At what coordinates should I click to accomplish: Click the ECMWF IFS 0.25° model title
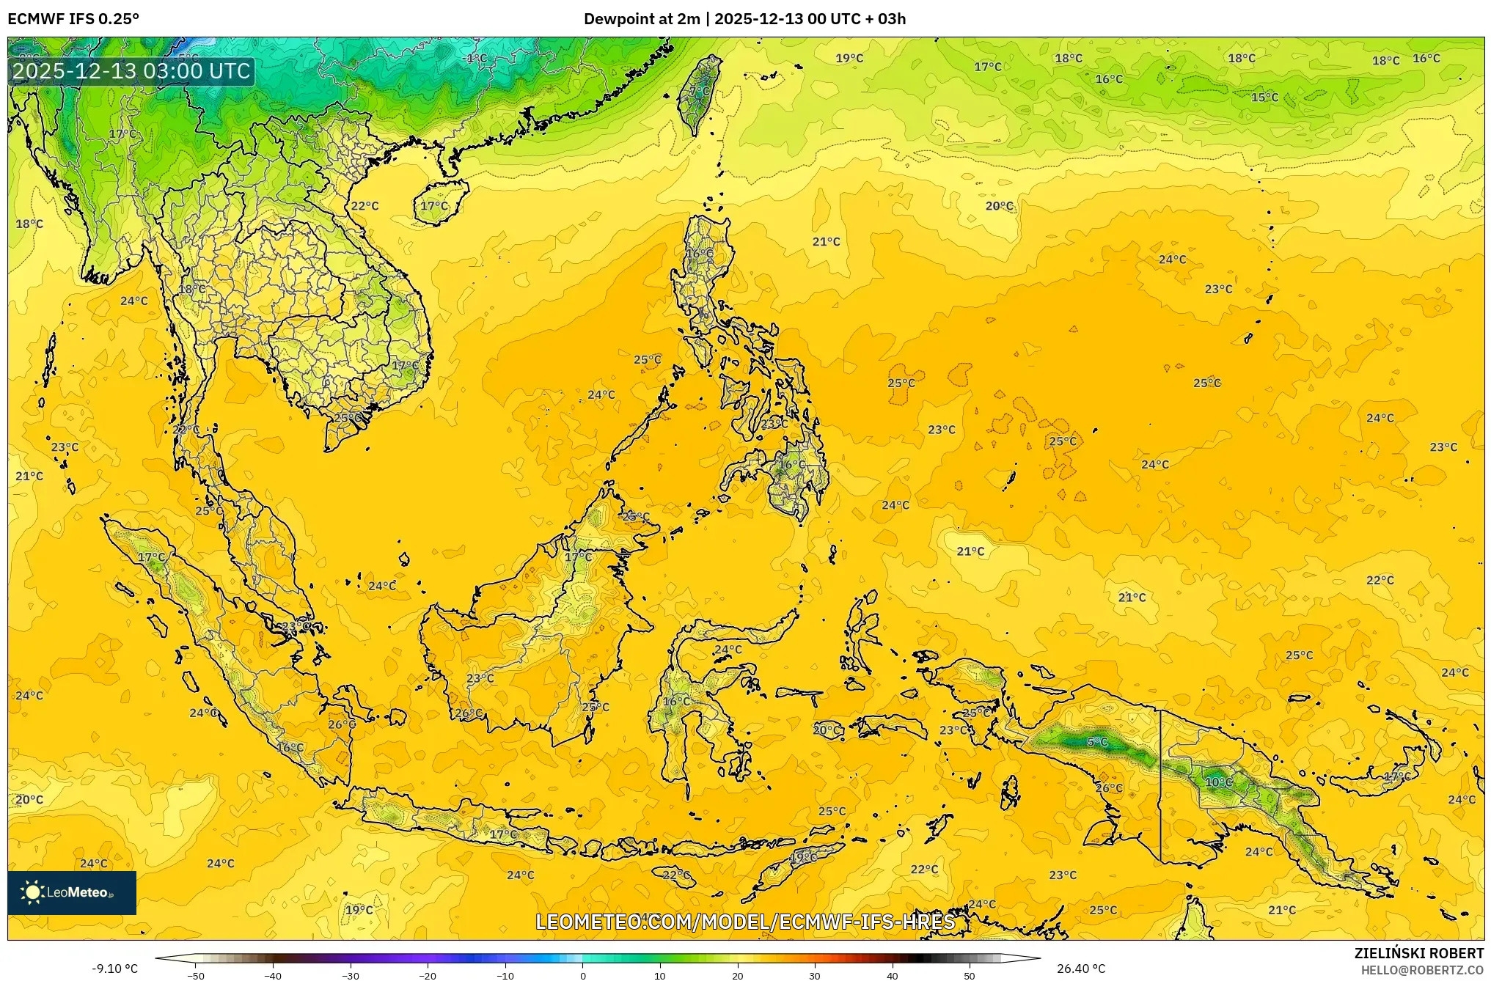(73, 19)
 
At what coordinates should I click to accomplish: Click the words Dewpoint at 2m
(642, 19)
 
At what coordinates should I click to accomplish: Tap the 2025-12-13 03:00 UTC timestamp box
(132, 71)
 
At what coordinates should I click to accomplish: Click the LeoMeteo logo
(71, 892)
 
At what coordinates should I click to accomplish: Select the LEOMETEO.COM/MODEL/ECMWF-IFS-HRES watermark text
(745, 922)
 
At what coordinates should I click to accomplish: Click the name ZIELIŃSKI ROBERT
(1418, 953)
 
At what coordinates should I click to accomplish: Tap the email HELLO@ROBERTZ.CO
(1422, 970)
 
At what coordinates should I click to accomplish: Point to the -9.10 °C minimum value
(114, 969)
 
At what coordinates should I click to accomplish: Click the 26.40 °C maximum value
(1081, 969)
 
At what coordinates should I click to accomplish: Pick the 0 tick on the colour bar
(583, 975)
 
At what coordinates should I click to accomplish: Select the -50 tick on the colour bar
(196, 975)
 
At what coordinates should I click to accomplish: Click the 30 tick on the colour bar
(815, 975)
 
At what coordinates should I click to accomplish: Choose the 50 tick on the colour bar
(970, 975)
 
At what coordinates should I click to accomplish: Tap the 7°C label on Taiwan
(700, 92)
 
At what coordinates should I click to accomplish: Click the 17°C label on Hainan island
(434, 206)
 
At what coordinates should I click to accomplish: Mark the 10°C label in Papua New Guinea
(1219, 782)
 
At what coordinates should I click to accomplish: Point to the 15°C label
(1264, 98)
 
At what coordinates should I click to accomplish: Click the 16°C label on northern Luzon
(699, 254)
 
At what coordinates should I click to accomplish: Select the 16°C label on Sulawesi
(676, 702)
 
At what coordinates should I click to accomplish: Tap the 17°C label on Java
(504, 834)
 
